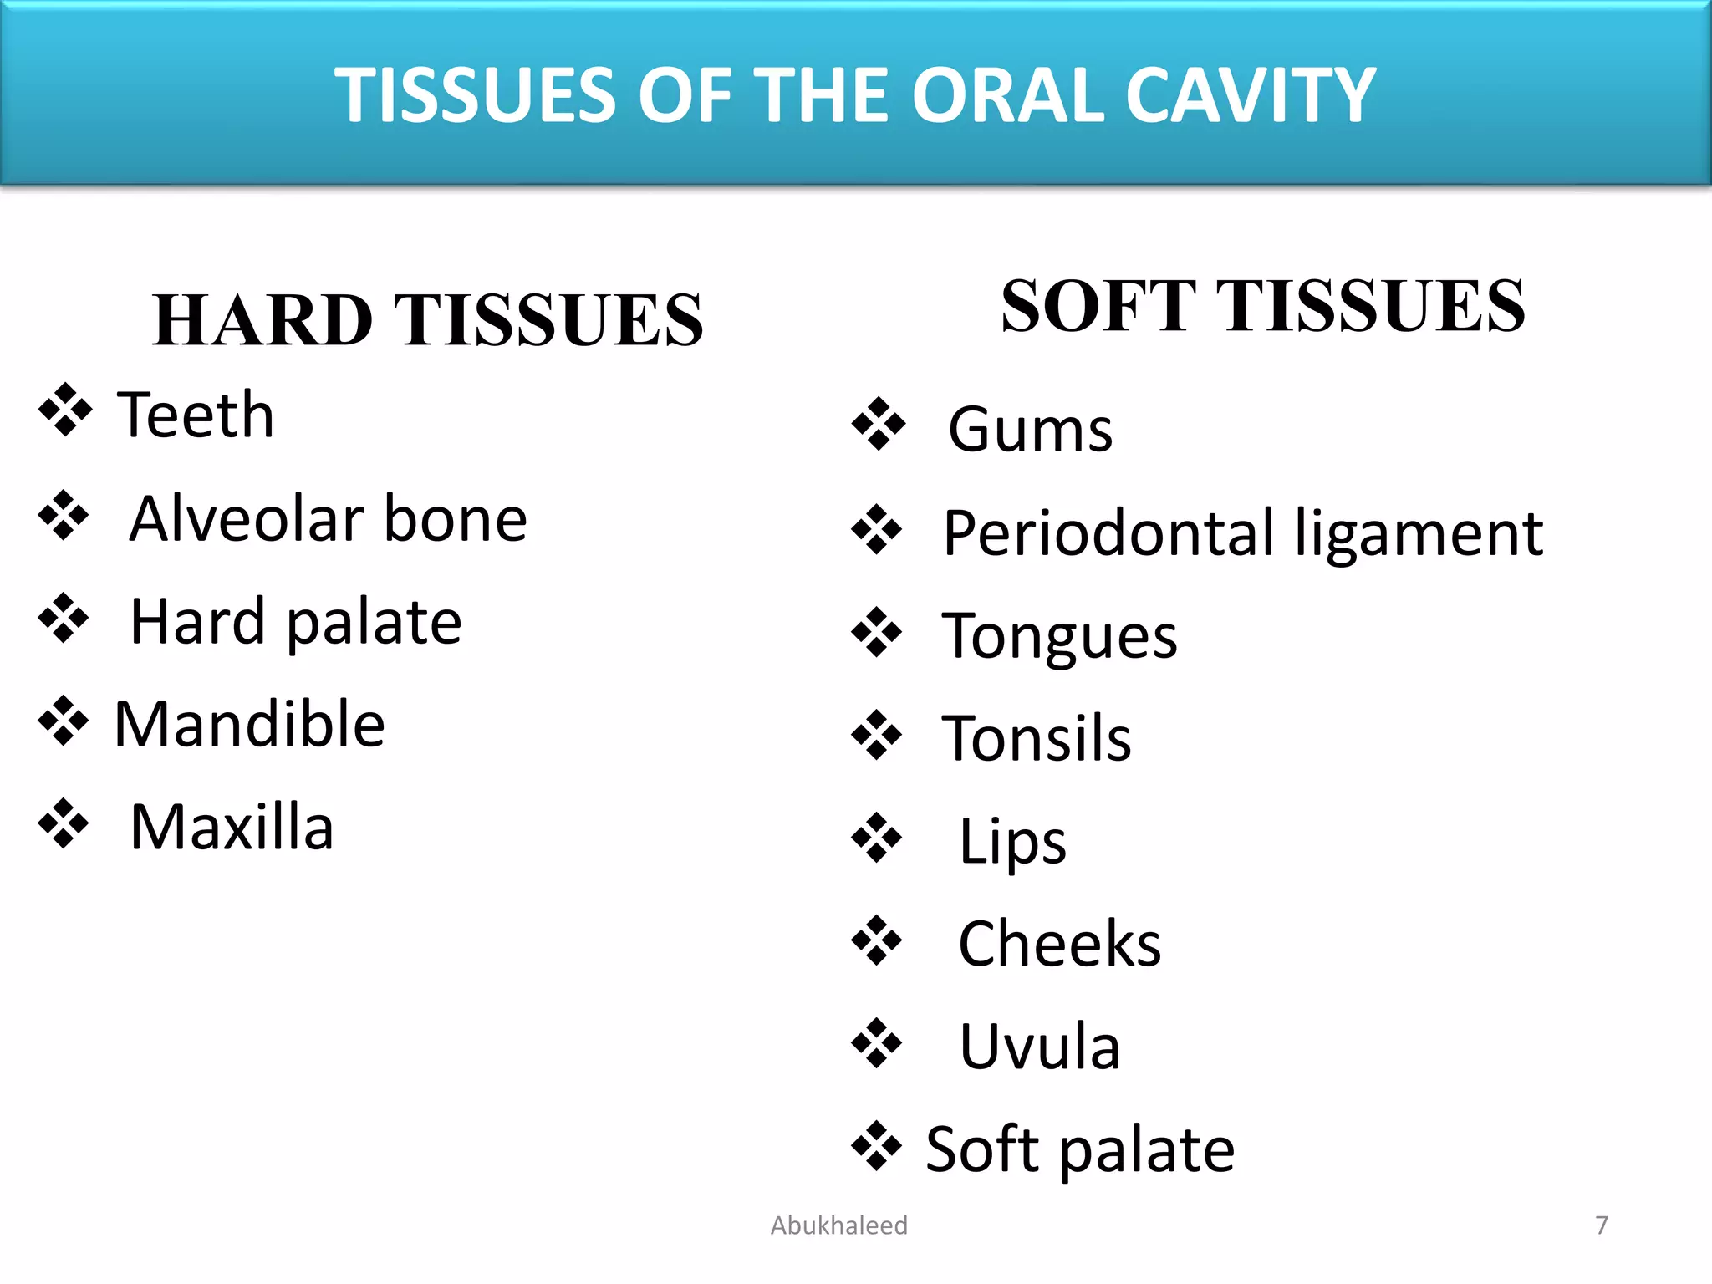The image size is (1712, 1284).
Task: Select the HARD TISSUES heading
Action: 428,320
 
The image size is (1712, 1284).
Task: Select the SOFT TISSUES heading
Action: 1262,307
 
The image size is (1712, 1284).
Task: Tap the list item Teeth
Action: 196,415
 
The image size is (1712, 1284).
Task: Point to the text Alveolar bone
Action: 329,519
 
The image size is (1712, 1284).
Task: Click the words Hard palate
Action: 296,622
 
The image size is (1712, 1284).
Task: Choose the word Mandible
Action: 249,724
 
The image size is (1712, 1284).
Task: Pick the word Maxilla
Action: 232,827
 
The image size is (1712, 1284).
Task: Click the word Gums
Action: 1030,430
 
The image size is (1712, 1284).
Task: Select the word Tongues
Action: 1059,636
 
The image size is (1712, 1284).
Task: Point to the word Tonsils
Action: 1037,739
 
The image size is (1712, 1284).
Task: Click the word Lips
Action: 1012,842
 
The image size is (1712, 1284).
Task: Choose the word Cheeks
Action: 1059,944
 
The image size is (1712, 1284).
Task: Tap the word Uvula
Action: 1039,1047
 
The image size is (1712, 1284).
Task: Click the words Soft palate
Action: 1080,1149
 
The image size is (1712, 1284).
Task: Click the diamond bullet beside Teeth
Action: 64,410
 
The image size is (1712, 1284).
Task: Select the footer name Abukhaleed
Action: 838,1225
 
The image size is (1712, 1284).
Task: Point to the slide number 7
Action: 1601,1225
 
